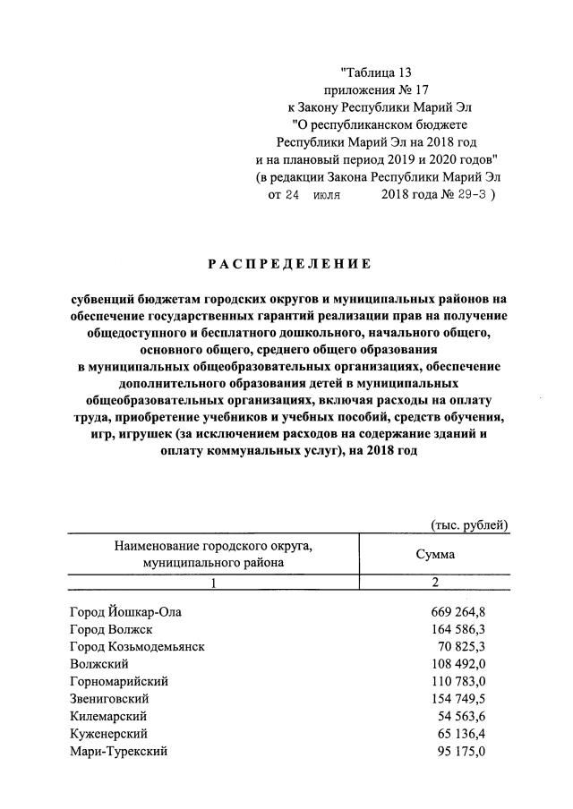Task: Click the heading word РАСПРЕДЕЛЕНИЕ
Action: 289,263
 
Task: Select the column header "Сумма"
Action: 435,554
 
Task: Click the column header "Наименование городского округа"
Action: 213,546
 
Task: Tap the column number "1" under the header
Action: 213,583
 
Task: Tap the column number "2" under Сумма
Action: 435,583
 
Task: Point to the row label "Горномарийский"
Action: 118,681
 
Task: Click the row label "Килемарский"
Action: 108,716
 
